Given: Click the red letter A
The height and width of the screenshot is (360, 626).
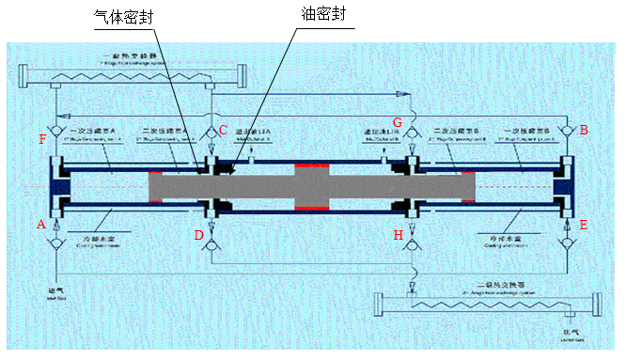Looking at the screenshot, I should pos(40,225).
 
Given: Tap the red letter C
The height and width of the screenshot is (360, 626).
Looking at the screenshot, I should pos(224,129).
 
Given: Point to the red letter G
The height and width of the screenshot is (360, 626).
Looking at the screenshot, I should pos(397,123).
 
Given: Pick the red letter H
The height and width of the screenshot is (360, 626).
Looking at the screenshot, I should pos(399,234).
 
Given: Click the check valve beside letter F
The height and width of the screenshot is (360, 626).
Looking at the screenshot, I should pos(56,130).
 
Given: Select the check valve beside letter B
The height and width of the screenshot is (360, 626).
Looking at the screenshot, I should pos(566,130).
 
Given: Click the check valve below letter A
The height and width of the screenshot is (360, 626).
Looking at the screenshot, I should pos(56,246).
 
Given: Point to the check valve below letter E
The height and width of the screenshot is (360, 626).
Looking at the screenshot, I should pos(567,245).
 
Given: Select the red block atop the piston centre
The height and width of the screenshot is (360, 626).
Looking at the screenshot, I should pos(311,168).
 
